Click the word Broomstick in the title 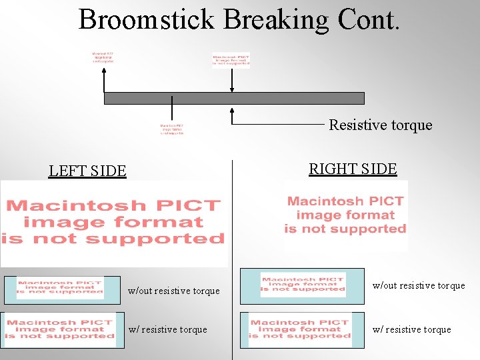[145, 20]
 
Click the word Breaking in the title [276, 20]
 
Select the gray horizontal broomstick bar [234, 98]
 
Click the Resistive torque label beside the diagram [380, 125]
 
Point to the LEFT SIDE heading [87, 171]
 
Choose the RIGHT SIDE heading [353, 169]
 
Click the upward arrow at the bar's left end [104, 80]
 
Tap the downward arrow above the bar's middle [232, 80]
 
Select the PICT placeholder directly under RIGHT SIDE [345, 215]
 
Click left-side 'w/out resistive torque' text [173, 291]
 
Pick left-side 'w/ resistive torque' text [167, 329]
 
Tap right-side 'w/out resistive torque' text [419, 285]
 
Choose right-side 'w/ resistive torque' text [412, 329]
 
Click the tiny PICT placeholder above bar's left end [103, 57]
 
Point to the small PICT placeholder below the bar [171, 129]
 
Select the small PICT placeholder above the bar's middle [231, 61]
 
